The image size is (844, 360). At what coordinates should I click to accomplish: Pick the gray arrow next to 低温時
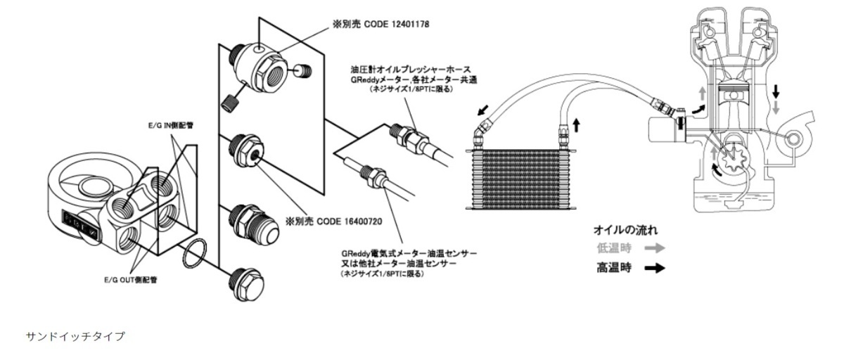click(x=654, y=248)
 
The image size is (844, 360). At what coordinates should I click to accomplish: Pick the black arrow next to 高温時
click(x=654, y=268)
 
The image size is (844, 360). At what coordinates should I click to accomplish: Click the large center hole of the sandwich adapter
click(x=91, y=185)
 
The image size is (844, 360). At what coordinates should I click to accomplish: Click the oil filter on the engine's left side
click(x=660, y=132)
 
